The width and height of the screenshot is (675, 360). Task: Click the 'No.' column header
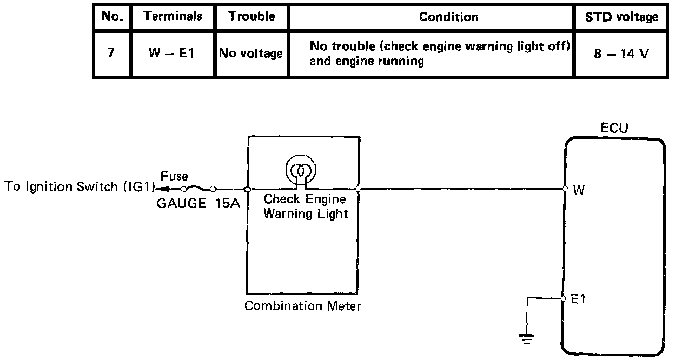(112, 16)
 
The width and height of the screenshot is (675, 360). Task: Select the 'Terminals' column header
(173, 16)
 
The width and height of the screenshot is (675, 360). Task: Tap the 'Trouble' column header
(252, 16)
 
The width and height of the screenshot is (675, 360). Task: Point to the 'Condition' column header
(448, 17)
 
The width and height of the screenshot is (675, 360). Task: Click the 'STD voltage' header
(621, 17)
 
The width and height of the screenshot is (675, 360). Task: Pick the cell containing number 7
(111, 54)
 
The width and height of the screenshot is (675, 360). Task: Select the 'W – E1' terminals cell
(173, 54)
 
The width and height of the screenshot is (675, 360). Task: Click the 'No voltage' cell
(250, 54)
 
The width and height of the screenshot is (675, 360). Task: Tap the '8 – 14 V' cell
(621, 54)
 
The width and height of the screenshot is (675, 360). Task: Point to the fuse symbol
(197, 189)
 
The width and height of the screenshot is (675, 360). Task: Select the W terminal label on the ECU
(579, 190)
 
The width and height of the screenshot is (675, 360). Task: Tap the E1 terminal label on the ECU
(578, 298)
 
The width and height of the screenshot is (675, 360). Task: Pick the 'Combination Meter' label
(303, 306)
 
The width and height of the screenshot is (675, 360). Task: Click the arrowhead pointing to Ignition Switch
(161, 189)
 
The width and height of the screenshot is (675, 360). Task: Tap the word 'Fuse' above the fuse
(174, 176)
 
